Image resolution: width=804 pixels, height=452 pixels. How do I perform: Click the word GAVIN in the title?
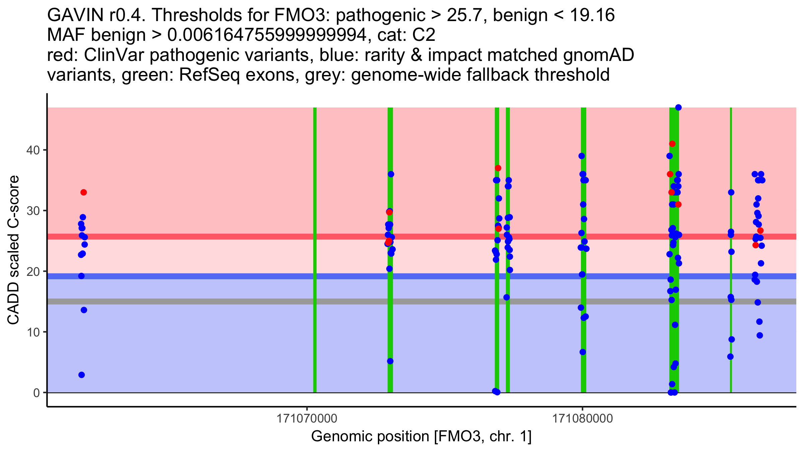pos(76,15)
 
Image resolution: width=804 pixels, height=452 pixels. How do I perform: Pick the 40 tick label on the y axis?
pos(32,150)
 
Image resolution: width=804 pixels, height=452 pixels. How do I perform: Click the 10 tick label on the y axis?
pos(32,332)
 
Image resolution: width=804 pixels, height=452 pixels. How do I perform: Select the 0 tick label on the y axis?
pos(37,393)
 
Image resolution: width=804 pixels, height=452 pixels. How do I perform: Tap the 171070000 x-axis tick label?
pos(307,419)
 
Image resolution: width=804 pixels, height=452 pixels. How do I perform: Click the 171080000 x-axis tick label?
pos(582,419)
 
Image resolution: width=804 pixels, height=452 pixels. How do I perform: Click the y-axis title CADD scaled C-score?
pos(13,250)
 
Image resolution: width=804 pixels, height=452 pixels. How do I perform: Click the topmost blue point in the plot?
pos(678,107)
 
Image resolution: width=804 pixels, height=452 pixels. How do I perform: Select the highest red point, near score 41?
pos(672,144)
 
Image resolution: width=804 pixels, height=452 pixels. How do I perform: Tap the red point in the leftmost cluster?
pos(84,192)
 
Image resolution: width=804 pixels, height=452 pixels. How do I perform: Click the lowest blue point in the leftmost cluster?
pos(81,375)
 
